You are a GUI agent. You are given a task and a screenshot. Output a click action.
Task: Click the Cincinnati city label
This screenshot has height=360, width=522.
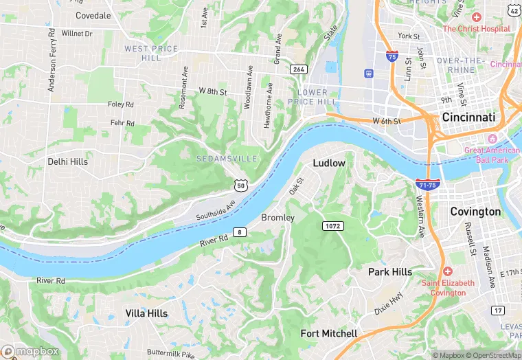468,117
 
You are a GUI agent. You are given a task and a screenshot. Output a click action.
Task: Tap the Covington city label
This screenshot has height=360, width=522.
475,212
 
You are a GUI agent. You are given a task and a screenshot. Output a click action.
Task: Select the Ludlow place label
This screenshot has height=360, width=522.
329,164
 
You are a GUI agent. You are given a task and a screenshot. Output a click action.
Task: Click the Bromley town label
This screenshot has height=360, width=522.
277,218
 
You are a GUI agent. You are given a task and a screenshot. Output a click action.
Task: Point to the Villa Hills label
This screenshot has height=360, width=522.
146,313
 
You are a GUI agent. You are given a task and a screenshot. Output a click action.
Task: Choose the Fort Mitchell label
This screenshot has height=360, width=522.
329,334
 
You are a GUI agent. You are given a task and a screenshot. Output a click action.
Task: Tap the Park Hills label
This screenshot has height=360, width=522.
390,272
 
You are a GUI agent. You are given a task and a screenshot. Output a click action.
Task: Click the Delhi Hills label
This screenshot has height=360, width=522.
67,161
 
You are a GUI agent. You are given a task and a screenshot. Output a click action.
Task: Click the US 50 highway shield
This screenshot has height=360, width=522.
240,185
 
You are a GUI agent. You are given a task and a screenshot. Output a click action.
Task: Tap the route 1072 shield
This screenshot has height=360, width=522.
332,225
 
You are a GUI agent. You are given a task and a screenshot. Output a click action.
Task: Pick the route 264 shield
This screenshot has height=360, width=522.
298,69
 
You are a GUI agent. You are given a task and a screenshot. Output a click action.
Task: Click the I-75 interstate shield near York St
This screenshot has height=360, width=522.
391,56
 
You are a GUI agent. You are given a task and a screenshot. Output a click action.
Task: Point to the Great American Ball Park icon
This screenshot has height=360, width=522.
492,139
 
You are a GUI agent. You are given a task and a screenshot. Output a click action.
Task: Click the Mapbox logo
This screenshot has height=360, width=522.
30,351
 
